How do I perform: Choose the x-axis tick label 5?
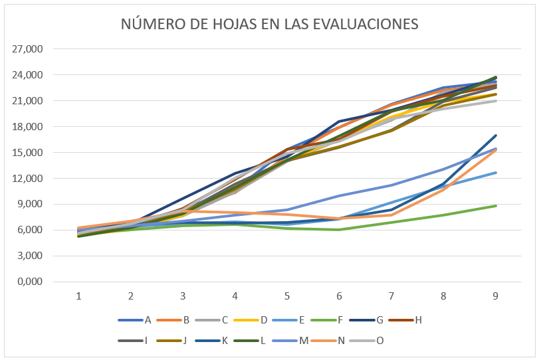(x=287, y=296)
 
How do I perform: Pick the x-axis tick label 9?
(x=496, y=296)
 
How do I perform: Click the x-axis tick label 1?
(x=78, y=296)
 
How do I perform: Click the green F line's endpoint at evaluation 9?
(x=496, y=206)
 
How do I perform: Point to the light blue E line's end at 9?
(x=496, y=173)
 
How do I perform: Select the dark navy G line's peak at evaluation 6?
(x=339, y=122)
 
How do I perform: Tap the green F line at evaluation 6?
(x=339, y=230)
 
